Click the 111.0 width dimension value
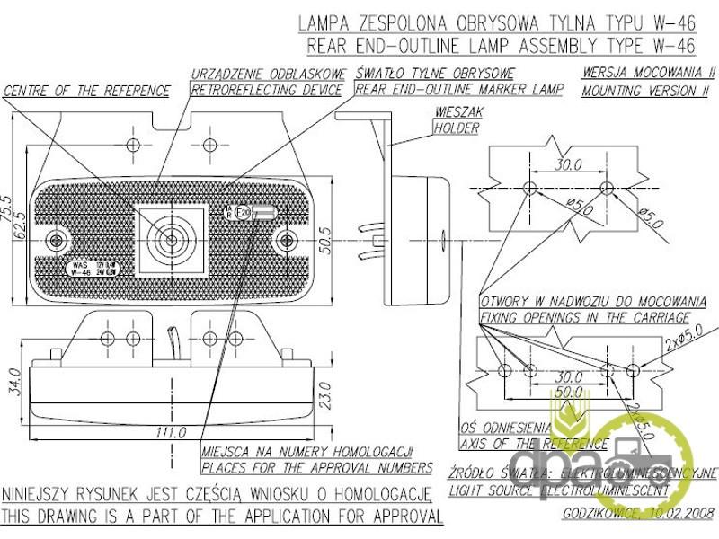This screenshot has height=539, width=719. click(164, 433)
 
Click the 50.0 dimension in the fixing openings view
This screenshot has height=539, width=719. click(567, 393)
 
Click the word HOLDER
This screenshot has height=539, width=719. click(457, 128)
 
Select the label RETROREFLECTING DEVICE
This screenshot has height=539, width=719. click(266, 90)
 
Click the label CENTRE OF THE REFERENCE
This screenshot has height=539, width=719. click(87, 91)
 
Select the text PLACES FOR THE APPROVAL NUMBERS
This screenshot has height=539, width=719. click(316, 467)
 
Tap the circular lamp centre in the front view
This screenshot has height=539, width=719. click(168, 240)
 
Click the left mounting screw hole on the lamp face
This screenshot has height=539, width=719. click(59, 240)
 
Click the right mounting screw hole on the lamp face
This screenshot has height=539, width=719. click(287, 240)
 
